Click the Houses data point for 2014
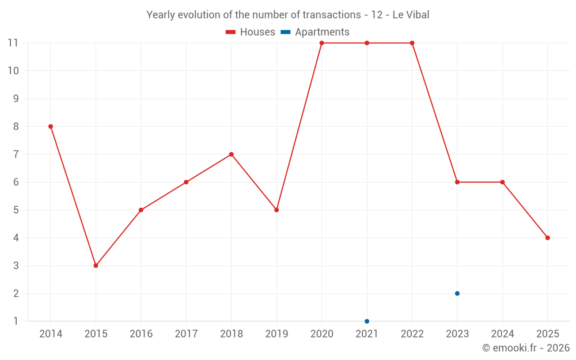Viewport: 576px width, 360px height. click(x=51, y=127)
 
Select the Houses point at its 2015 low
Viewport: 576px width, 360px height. click(x=96, y=266)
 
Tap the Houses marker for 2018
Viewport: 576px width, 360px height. click(x=232, y=154)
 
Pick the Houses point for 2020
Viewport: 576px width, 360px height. click(x=321, y=43)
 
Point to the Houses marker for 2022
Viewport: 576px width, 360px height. click(x=412, y=43)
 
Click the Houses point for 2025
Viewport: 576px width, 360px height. click(x=547, y=238)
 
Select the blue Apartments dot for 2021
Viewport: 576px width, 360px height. click(x=367, y=321)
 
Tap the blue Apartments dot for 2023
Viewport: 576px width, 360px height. click(x=457, y=293)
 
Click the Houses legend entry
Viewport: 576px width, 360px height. click(x=251, y=32)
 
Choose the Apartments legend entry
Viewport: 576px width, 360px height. click(x=315, y=32)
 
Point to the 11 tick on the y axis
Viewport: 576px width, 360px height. click(x=13, y=43)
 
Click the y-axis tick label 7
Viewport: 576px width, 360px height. click(x=16, y=154)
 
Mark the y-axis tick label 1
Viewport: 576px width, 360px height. click(x=16, y=321)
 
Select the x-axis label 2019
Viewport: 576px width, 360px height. click(x=276, y=334)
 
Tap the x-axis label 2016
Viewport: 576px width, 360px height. click(x=141, y=334)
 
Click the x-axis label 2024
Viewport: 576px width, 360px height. click(x=502, y=334)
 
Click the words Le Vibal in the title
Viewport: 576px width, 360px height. click(x=411, y=15)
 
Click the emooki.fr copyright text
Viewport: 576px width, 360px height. click(x=525, y=348)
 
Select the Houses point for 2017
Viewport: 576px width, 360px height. click(x=186, y=182)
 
